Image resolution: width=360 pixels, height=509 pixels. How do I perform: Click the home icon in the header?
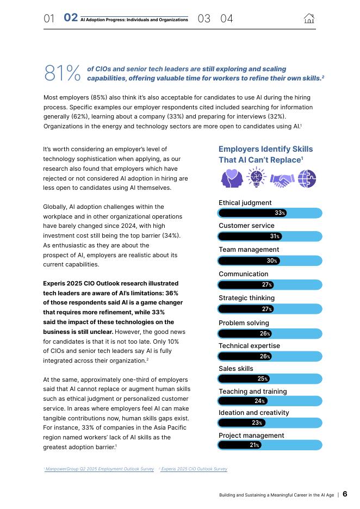(x=309, y=18)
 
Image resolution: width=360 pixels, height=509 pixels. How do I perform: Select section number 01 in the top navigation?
(x=49, y=18)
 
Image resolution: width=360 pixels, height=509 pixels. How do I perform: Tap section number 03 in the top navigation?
(x=204, y=18)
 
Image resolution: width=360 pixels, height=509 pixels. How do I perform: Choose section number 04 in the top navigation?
(x=227, y=18)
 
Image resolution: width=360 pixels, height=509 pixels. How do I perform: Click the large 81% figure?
(x=63, y=73)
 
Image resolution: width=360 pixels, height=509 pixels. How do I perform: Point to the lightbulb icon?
(x=256, y=177)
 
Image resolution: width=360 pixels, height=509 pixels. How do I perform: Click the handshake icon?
(x=282, y=179)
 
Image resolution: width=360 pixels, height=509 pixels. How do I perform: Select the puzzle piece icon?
(x=307, y=178)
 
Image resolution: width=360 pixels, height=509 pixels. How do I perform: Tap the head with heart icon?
(x=231, y=178)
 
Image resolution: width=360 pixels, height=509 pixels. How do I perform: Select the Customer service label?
(x=246, y=226)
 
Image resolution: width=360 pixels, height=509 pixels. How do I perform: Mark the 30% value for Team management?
(x=272, y=261)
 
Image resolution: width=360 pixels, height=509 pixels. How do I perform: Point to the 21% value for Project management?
(x=254, y=445)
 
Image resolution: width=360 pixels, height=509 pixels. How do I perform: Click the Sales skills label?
(x=236, y=369)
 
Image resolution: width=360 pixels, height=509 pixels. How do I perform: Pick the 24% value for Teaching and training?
(x=259, y=401)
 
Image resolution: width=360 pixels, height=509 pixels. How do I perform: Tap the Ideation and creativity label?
(x=254, y=413)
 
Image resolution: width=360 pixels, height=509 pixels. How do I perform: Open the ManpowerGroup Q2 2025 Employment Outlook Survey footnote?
(x=100, y=469)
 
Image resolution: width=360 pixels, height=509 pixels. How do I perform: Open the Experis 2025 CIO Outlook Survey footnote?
(x=194, y=469)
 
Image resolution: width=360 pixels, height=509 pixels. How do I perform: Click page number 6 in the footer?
(x=345, y=494)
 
